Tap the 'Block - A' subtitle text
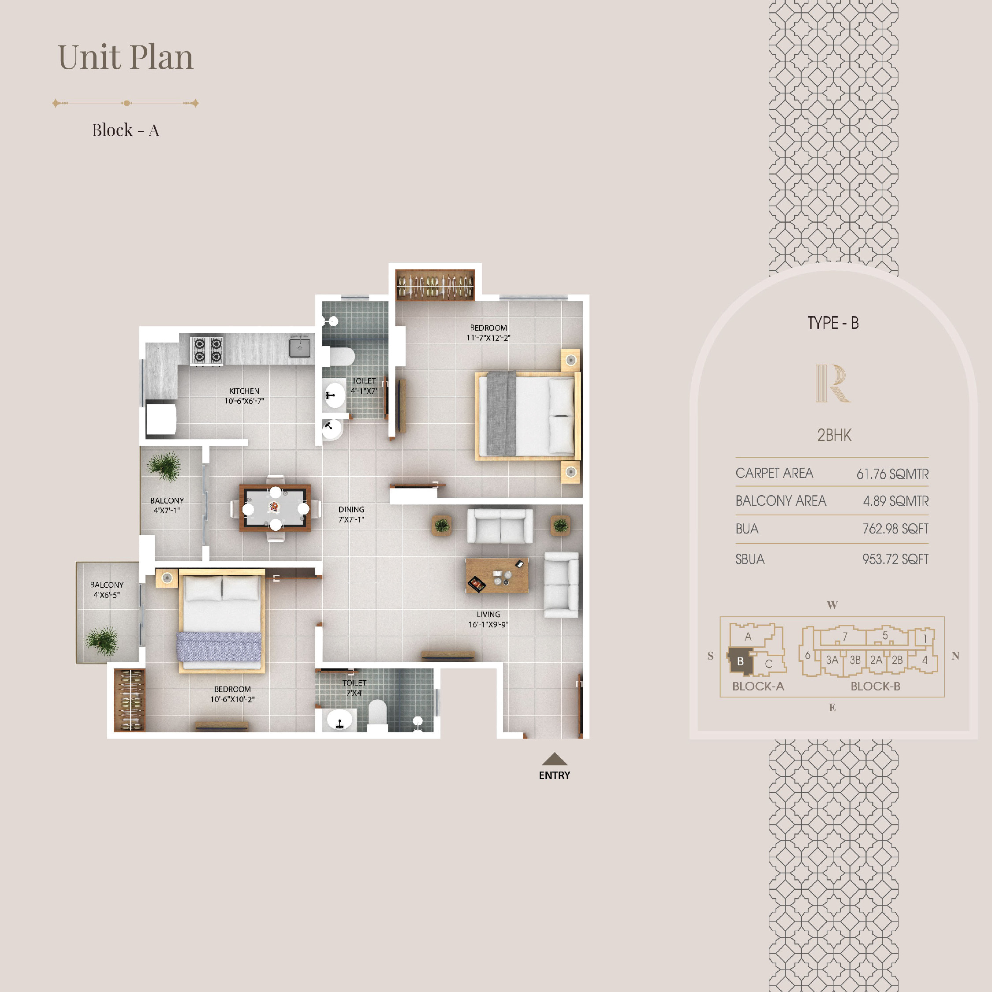(126, 131)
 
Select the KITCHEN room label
(244, 396)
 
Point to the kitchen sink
(299, 347)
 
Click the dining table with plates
(275, 508)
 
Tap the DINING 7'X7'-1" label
(351, 515)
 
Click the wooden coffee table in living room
(497, 576)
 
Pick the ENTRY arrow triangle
(555, 759)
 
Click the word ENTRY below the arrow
(555, 776)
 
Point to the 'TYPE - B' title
(833, 323)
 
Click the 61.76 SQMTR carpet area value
(892, 474)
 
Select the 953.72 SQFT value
(895, 559)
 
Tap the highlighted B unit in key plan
(740, 662)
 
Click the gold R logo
(833, 383)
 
